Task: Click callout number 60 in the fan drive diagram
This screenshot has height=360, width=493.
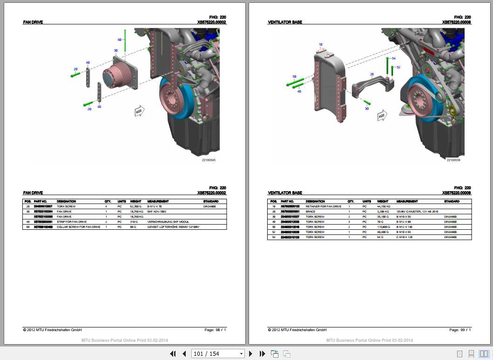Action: [119, 40]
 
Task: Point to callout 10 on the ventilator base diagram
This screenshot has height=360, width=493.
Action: [320, 45]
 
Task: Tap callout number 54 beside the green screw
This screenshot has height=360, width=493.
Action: [393, 59]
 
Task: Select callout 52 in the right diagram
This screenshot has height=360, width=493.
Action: [398, 67]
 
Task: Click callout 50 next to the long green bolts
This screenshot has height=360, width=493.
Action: [294, 76]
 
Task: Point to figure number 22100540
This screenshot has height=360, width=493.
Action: [208, 160]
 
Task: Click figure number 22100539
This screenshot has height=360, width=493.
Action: [453, 160]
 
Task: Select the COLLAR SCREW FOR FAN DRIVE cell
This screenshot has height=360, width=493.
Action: [78, 227]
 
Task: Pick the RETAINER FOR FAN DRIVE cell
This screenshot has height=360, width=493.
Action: [323, 206]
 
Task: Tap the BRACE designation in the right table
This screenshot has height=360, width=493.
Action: [310, 212]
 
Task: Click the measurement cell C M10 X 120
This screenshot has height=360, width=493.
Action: [404, 237]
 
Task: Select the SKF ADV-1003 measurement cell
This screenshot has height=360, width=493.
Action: [156, 211]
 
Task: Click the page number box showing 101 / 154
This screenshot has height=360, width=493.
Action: [218, 354]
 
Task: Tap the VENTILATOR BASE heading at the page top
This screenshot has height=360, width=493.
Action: [285, 22]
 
